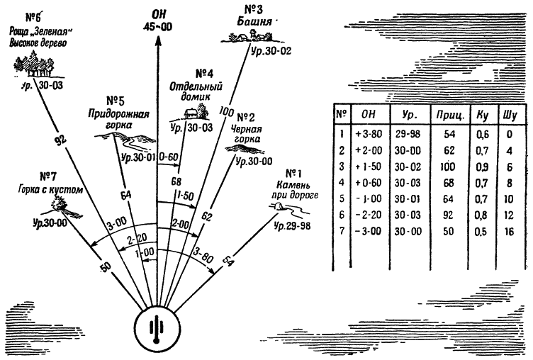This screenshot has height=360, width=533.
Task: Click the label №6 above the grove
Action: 31,15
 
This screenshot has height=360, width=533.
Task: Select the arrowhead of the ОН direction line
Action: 157,41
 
